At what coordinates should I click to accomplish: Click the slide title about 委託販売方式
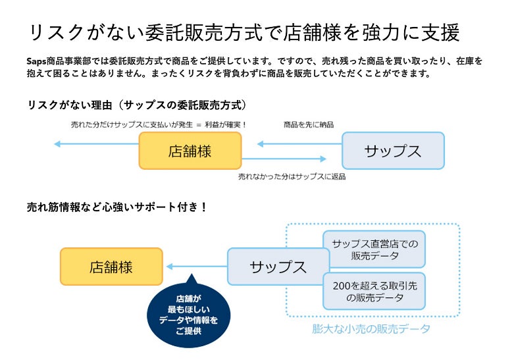[244, 32]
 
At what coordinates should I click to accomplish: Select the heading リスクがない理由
[137, 105]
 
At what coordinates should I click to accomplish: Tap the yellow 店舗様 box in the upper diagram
[190, 151]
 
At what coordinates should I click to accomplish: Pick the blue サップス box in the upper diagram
[393, 151]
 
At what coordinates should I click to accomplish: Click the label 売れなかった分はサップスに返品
[292, 176]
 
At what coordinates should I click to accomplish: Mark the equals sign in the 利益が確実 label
[197, 124]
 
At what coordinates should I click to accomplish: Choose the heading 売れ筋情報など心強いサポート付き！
[117, 207]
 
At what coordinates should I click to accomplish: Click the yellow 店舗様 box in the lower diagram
[111, 267]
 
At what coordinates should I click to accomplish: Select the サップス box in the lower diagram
[278, 267]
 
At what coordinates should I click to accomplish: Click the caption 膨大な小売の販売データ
[372, 329]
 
